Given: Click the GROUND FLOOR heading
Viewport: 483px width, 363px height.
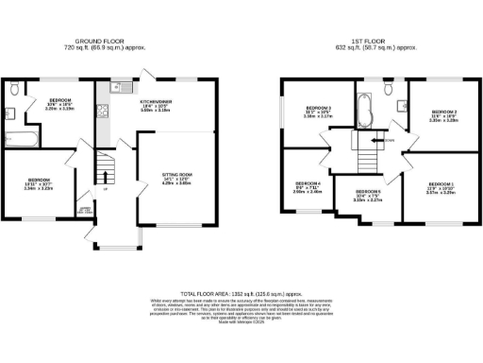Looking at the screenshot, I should point(108,41).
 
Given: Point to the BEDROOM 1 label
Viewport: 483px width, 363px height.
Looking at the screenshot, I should point(439,186).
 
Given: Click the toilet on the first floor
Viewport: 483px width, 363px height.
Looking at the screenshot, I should point(389,90).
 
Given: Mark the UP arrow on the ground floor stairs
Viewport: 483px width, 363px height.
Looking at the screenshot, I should point(104,190).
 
